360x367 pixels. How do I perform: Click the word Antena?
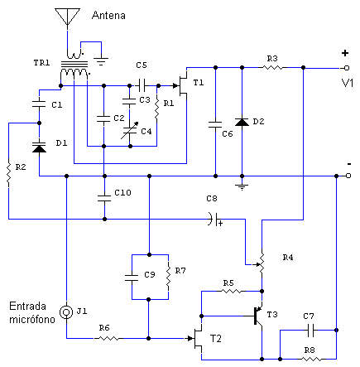pyautogui.click(x=110, y=14)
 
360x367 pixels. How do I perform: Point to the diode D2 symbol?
pyautogui.click(x=241, y=122)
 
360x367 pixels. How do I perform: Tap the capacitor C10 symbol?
pyautogui.click(x=103, y=196)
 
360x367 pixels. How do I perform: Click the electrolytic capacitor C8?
pyautogui.click(x=214, y=220)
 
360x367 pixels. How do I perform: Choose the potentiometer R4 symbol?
pyautogui.click(x=262, y=263)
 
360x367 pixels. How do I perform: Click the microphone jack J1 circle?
pyautogui.click(x=67, y=311)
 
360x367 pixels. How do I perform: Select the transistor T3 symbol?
pyautogui.click(x=257, y=315)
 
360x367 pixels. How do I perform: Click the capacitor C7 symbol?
pyautogui.click(x=308, y=329)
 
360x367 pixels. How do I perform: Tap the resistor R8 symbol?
pyautogui.click(x=308, y=360)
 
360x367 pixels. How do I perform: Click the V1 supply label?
pyautogui.click(x=347, y=83)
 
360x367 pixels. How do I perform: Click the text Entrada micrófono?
pyautogui.click(x=29, y=312)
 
